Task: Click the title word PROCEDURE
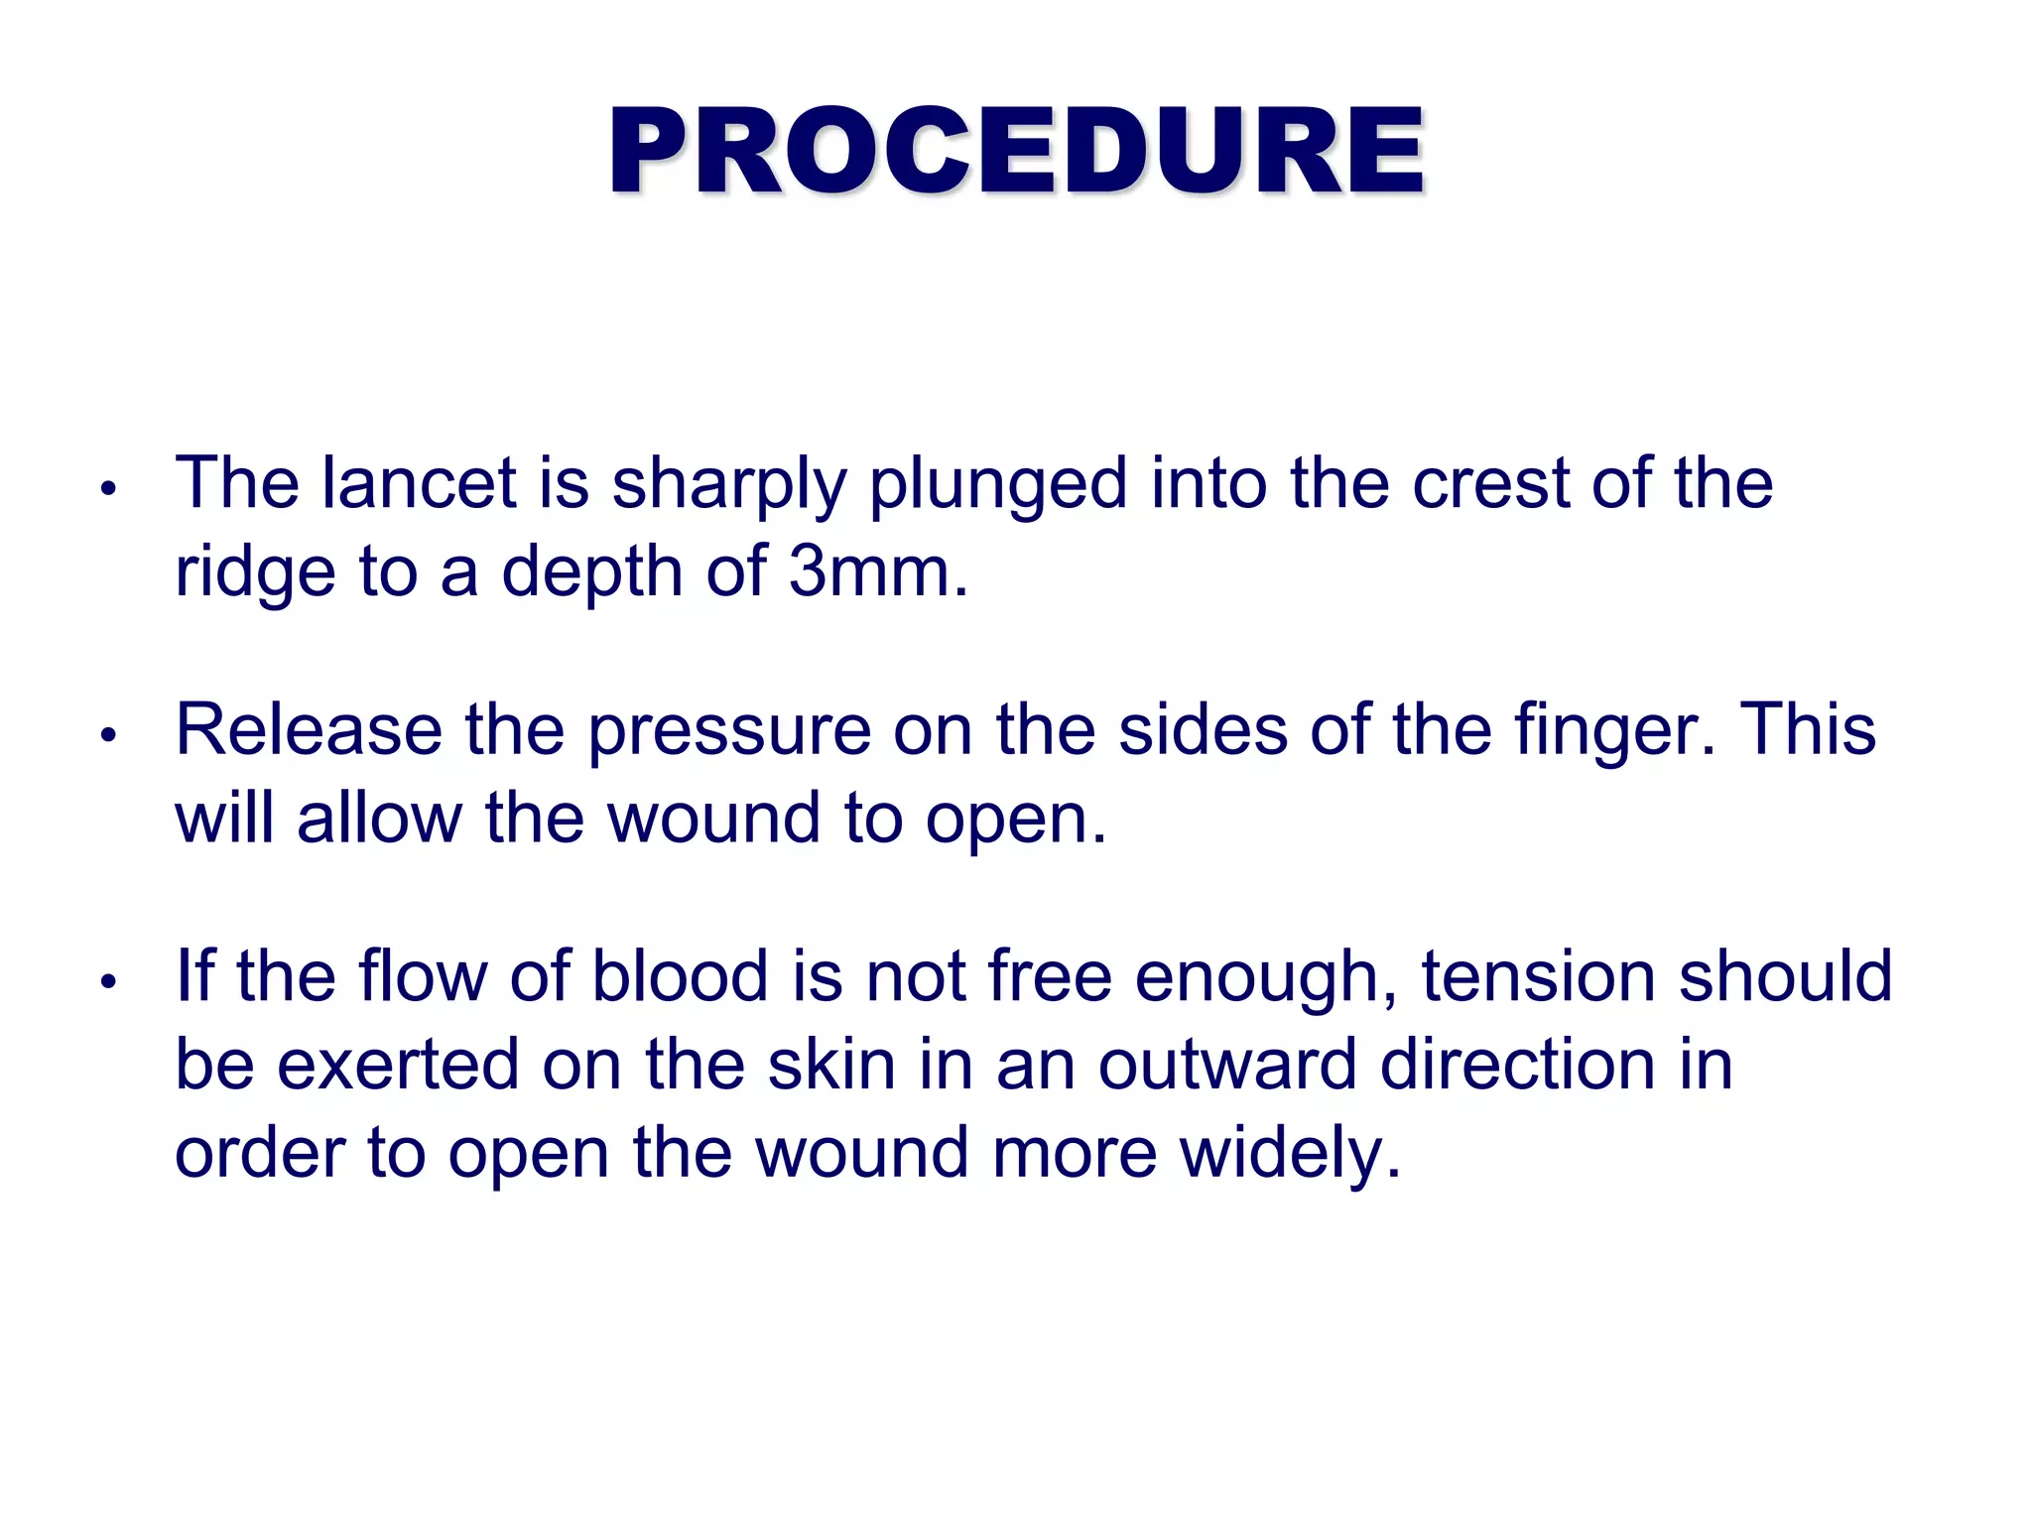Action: click(1017, 151)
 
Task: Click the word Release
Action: click(309, 729)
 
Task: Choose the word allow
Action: click(379, 819)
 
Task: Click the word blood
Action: click(680, 975)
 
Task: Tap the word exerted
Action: click(398, 1065)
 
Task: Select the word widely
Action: click(1289, 1154)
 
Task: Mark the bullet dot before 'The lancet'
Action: click(109, 488)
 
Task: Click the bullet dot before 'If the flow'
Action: click(109, 981)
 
